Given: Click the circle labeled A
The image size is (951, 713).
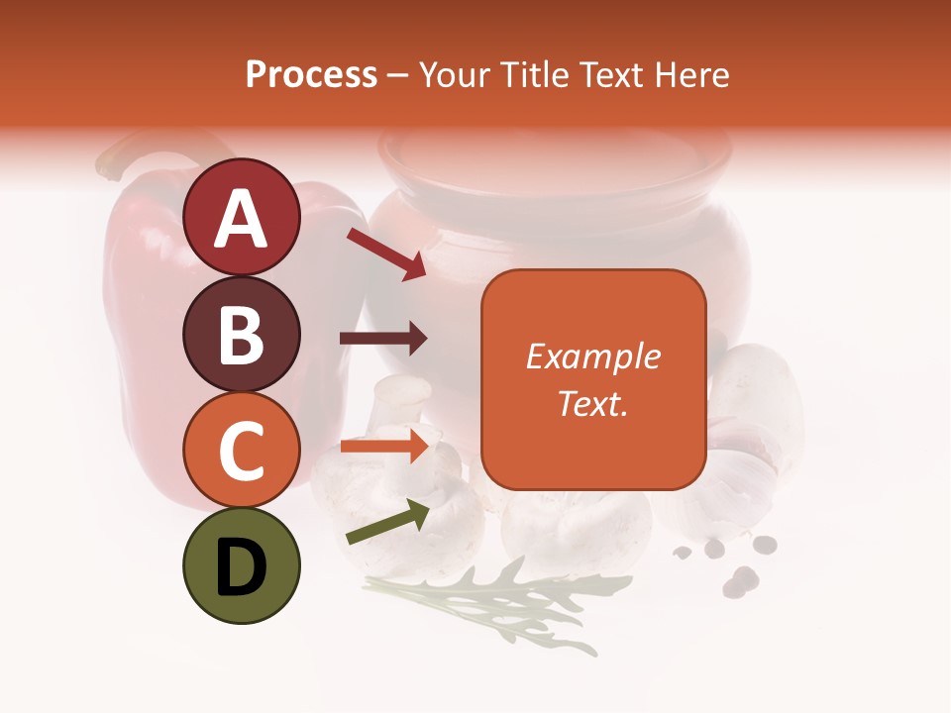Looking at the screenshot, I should pyautogui.click(x=241, y=218).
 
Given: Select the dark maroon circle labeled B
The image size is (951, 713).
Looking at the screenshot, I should pyautogui.click(x=241, y=335).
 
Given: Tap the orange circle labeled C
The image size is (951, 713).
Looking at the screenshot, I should pyautogui.click(x=241, y=451).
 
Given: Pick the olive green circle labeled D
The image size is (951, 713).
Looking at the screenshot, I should pyautogui.click(x=241, y=566).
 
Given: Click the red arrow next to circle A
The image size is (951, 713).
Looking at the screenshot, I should pyautogui.click(x=386, y=254).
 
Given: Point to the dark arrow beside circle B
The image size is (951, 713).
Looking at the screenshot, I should pyautogui.click(x=383, y=339).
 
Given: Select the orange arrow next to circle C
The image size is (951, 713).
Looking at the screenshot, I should pyautogui.click(x=384, y=446).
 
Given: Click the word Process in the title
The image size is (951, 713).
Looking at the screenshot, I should pyautogui.click(x=311, y=75).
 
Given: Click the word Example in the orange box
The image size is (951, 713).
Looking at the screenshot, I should pyautogui.click(x=592, y=356).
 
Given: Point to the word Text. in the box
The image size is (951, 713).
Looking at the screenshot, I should pyautogui.click(x=592, y=403).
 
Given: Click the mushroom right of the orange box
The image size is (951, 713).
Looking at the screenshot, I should pyautogui.click(x=753, y=396).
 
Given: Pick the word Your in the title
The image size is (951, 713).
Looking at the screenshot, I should pyautogui.click(x=457, y=75).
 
